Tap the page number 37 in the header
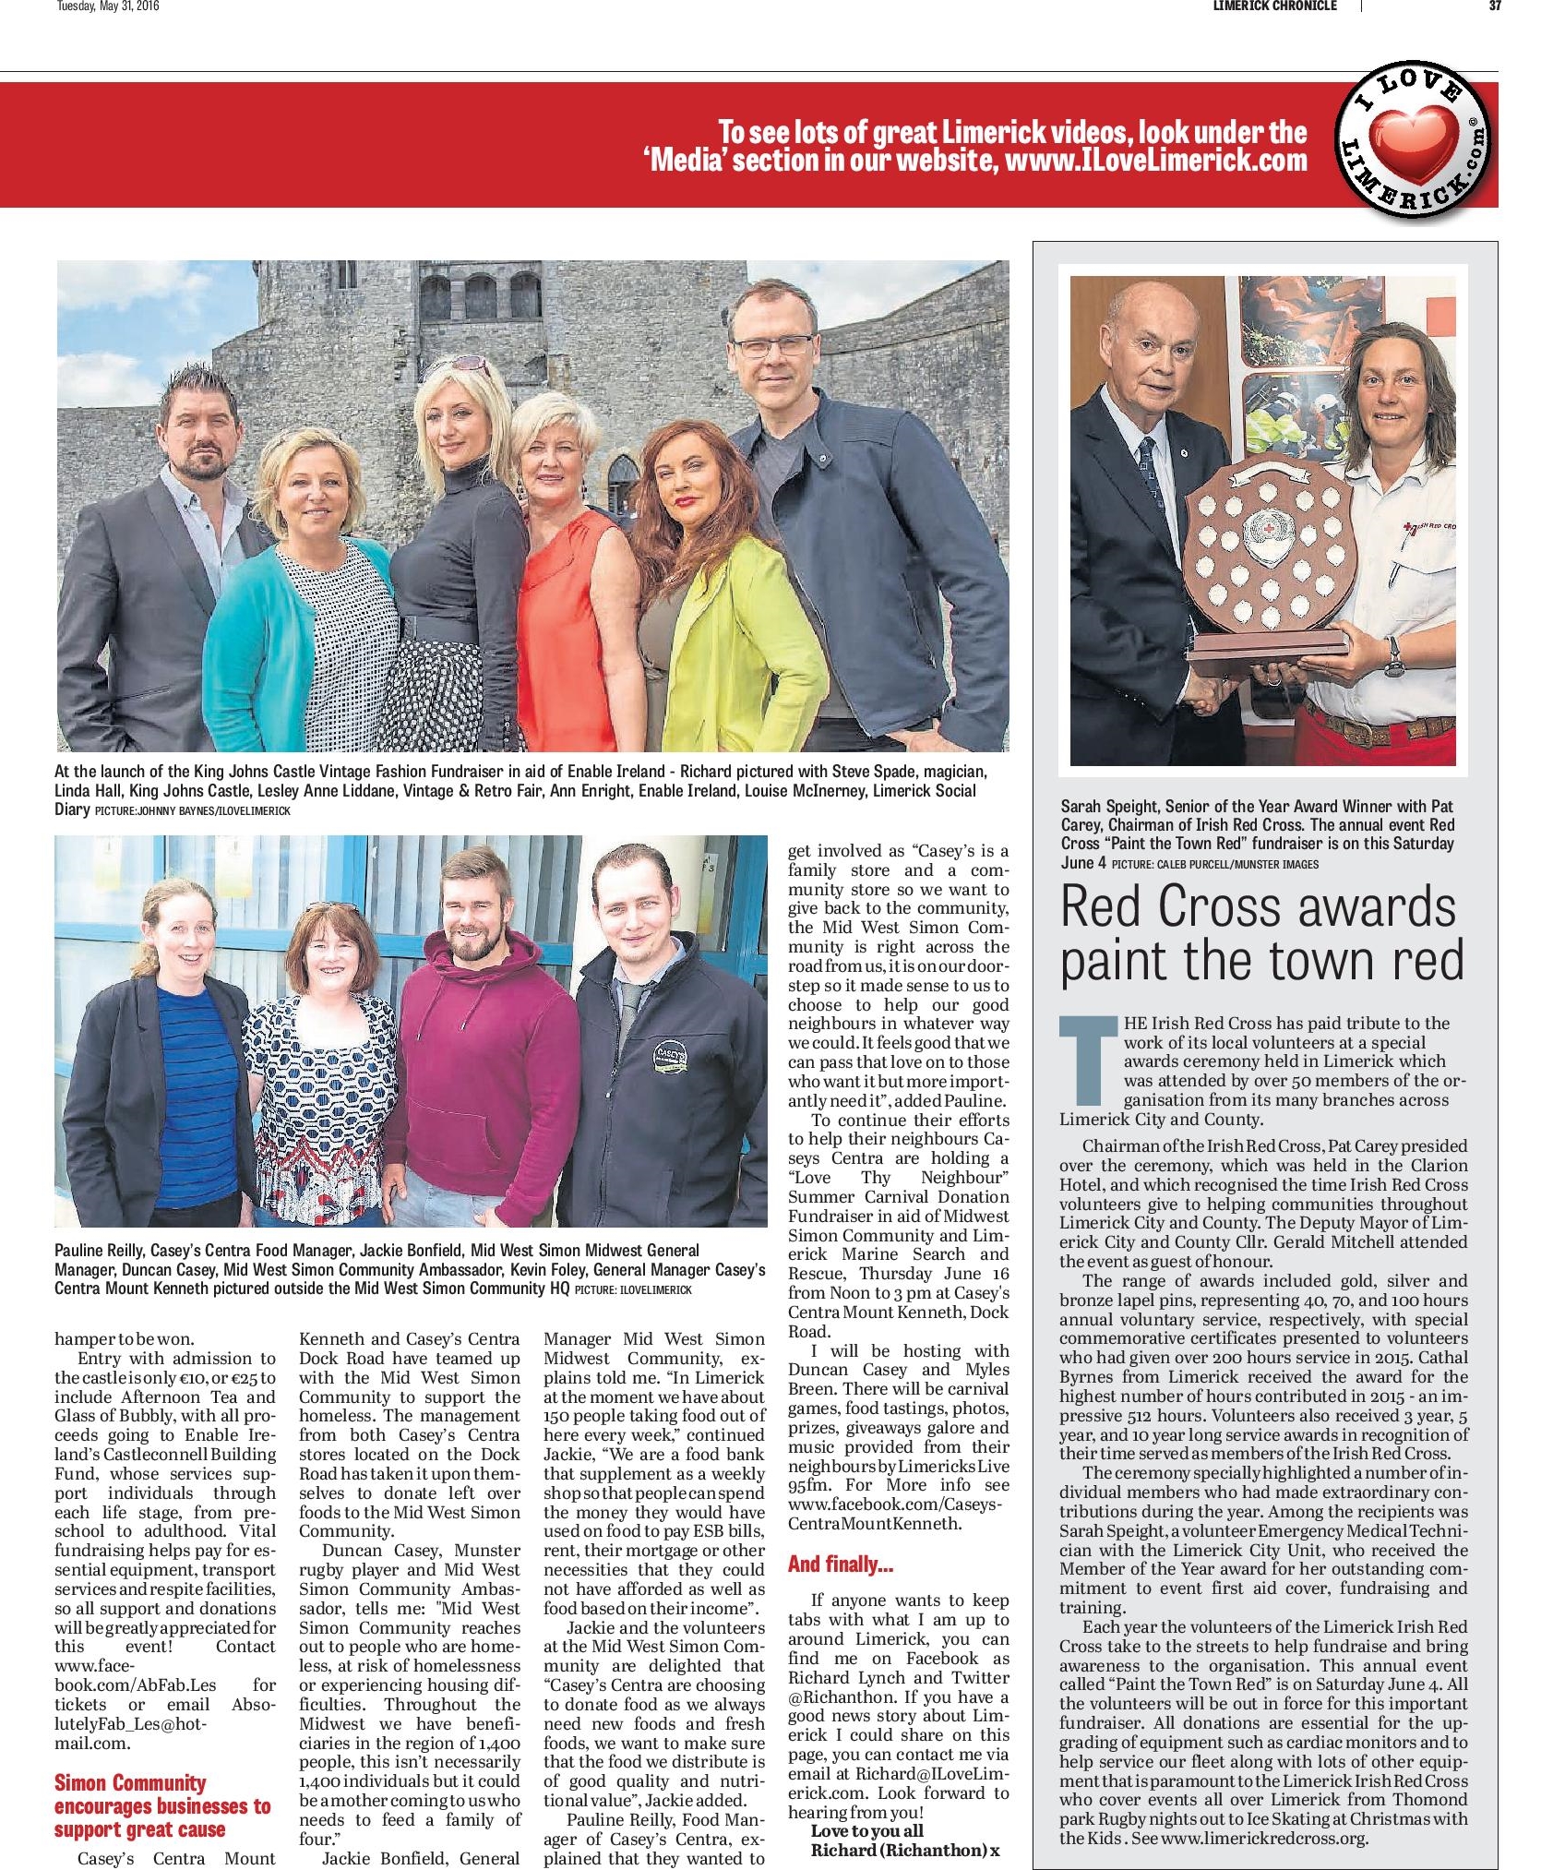click(1495, 6)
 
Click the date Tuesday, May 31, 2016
click(109, 6)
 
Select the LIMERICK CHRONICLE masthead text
click(1273, 6)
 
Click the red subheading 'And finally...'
click(840, 1564)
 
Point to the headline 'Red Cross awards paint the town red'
click(1261, 933)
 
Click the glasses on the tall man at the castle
click(773, 346)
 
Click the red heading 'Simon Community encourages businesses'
click(162, 1805)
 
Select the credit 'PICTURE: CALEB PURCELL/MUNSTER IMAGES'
click(1214, 864)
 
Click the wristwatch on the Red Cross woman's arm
click(1392, 656)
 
